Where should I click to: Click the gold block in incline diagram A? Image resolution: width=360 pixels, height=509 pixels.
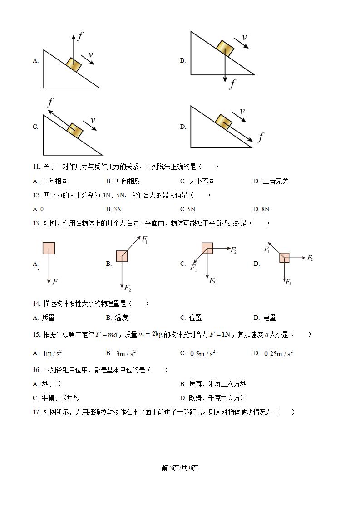[74, 65]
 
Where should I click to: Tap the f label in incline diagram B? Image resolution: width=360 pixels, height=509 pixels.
[232, 83]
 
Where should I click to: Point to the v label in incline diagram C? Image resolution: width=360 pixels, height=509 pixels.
[93, 120]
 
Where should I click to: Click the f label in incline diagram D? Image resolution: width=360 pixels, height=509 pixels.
[261, 137]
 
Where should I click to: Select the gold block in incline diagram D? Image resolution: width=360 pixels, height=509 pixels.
[223, 122]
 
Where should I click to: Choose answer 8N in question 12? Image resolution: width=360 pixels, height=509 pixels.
[265, 209]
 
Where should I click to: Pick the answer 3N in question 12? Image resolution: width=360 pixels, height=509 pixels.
[117, 209]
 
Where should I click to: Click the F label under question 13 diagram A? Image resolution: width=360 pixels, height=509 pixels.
[55, 282]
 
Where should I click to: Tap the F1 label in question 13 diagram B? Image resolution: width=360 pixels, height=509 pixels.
[145, 239]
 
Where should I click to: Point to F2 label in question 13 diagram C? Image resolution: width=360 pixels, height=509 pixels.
[233, 250]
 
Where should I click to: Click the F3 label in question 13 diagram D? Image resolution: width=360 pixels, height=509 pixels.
[288, 282]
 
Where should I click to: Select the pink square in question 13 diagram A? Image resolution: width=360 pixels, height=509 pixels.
[49, 248]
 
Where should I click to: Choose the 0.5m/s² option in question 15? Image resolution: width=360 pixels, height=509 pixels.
[202, 353]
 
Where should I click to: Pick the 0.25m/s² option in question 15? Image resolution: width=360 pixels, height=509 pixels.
[278, 353]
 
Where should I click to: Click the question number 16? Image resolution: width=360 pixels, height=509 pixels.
[36, 370]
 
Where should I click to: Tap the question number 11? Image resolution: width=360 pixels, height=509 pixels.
[36, 166]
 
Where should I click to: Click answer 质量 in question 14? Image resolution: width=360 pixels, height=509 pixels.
[48, 318]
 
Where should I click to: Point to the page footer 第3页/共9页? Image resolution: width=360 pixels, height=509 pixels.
[180, 468]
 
